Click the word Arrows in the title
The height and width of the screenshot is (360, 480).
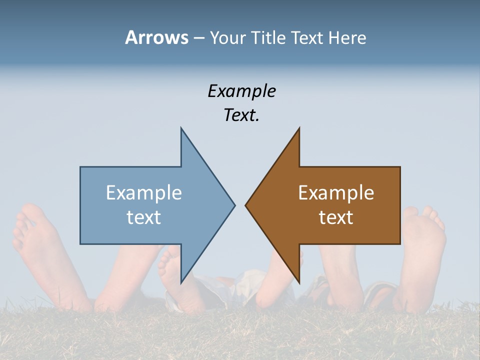coord(156,38)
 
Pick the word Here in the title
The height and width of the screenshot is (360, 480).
coord(347,38)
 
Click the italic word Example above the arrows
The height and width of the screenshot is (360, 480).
coord(241,91)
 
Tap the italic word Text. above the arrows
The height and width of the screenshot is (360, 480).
coord(241,115)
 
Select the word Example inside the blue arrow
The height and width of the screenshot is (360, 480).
coord(144,193)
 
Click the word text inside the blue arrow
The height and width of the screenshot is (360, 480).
coord(144,217)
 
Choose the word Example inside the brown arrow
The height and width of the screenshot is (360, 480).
coord(336,193)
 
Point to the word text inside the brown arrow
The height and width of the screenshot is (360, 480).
coord(336,217)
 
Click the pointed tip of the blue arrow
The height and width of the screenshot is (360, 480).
coord(234,205)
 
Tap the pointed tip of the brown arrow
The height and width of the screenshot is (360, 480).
coord(246,205)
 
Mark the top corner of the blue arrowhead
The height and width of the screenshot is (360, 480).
coord(181,128)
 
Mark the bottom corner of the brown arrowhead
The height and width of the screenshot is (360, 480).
coord(299,282)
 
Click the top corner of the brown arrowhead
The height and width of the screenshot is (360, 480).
coord(299,128)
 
